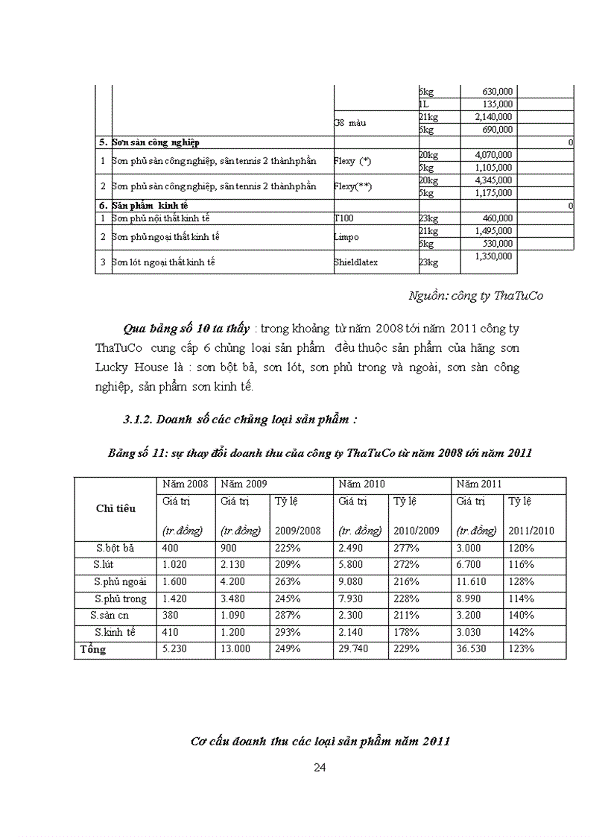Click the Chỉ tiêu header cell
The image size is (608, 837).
(x=115, y=508)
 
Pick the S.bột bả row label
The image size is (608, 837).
(x=115, y=548)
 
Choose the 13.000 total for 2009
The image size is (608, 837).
(x=235, y=649)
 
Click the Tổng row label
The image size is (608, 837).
(x=93, y=649)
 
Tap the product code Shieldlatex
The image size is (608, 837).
(x=356, y=262)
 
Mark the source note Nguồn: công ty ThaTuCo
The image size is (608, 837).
(x=476, y=296)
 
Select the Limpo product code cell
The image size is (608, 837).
(x=346, y=237)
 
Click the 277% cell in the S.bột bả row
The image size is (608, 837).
(x=406, y=548)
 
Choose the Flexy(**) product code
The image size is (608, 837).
(x=353, y=186)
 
